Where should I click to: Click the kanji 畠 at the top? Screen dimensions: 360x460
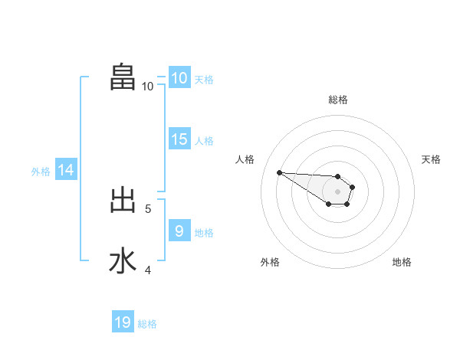point(123,77)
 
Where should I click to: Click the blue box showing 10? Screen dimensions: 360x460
point(179,77)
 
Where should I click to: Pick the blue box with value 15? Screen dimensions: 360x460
point(179,139)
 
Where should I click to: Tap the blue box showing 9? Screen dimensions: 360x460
point(179,231)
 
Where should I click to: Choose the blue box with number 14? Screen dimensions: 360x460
point(66,170)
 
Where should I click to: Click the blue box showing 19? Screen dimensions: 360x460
point(123,322)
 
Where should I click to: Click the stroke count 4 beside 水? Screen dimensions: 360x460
point(148,270)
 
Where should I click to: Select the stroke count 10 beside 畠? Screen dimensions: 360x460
point(147,87)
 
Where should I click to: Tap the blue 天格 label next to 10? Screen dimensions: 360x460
point(204,79)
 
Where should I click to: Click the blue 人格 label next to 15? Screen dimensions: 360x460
point(204,141)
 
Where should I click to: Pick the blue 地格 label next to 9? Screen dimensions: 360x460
point(204,232)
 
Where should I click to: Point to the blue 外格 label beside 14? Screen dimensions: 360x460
point(41,172)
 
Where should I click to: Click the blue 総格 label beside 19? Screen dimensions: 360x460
point(147,324)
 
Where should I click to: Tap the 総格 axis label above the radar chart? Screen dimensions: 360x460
point(338,100)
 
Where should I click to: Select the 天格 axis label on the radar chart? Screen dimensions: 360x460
point(431,159)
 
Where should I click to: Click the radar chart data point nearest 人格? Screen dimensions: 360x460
point(279,172)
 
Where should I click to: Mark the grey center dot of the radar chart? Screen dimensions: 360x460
point(338,191)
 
